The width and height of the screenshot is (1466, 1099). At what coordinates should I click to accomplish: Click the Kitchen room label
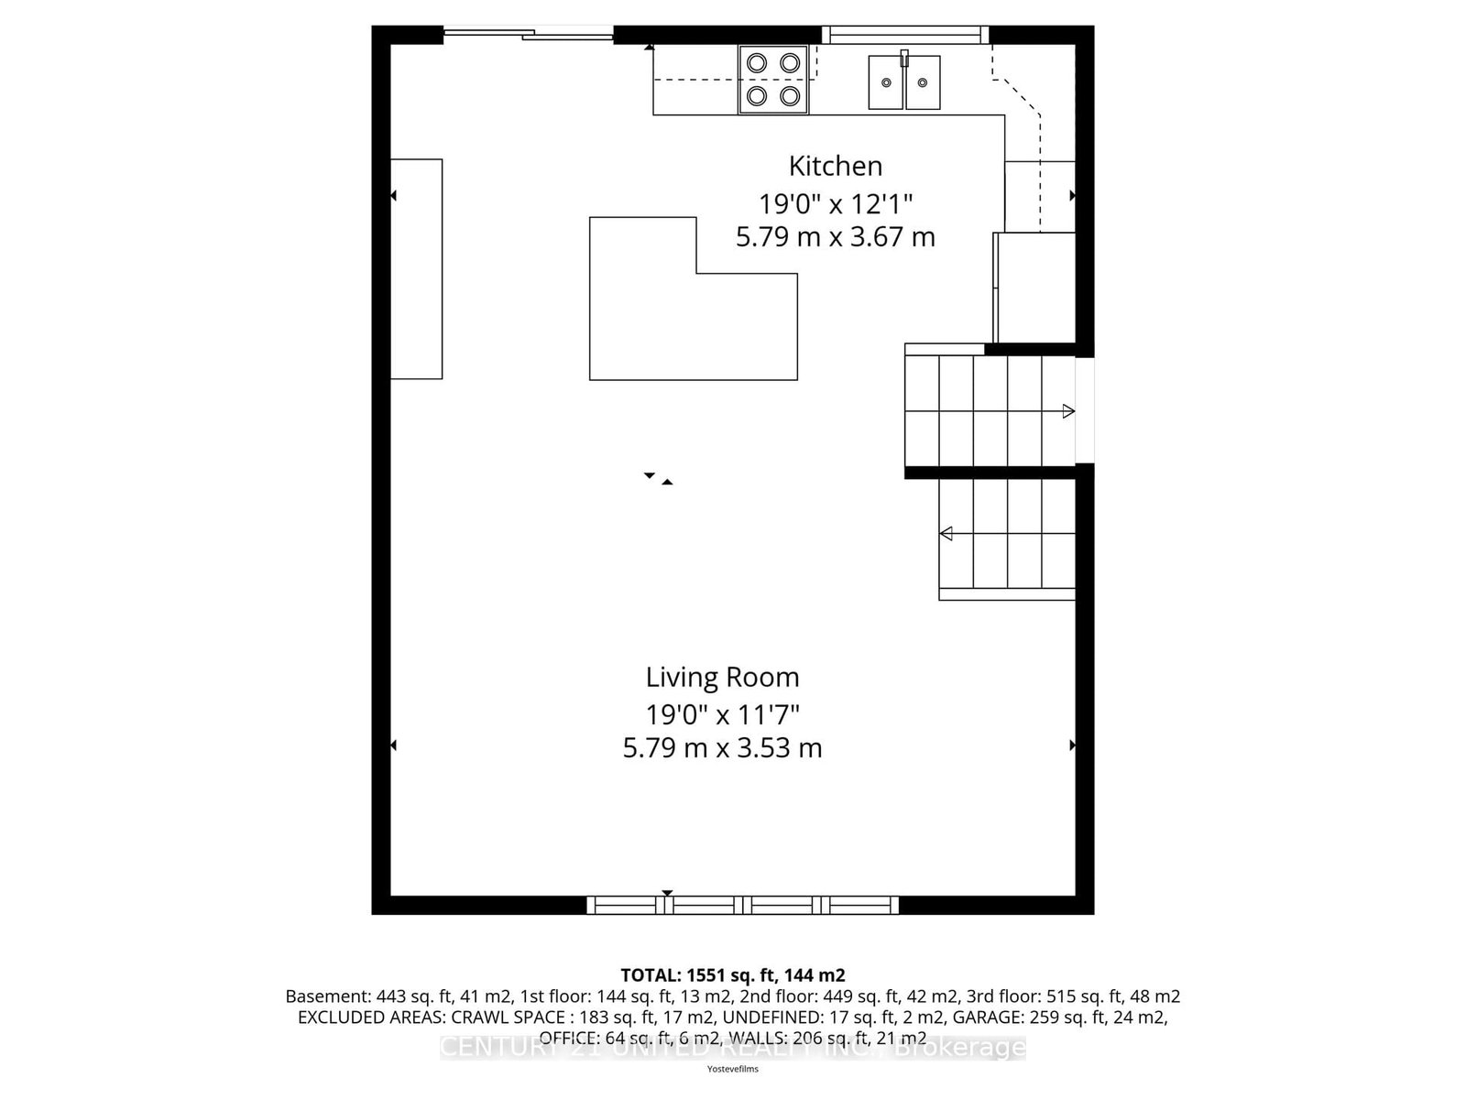pos(835,166)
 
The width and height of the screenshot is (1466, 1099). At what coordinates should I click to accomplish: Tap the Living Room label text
pos(722,677)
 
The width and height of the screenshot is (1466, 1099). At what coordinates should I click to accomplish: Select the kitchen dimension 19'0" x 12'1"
pos(835,202)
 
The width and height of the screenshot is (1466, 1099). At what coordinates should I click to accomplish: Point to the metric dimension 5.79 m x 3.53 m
pos(722,748)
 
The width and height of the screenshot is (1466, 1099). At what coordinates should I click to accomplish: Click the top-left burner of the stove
pos(757,62)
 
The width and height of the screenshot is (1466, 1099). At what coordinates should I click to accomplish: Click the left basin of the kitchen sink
pos(886,82)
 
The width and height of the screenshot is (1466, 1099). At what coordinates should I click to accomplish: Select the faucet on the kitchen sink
pos(904,59)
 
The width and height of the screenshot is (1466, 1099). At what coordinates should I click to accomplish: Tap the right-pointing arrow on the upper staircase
pos(1068,411)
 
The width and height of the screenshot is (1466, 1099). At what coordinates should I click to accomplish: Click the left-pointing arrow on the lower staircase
pos(946,533)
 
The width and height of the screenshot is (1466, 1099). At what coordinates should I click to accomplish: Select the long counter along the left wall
pos(417,268)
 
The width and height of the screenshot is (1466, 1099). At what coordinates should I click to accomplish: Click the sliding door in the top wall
pos(529,35)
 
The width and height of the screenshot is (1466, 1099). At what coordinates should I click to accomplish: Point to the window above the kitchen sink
pos(904,35)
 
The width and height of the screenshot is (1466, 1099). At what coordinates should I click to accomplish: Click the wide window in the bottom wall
pos(742,905)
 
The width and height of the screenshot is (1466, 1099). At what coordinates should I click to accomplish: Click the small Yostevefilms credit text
pos(732,1069)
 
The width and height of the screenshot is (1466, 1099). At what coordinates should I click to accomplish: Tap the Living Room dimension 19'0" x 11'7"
pos(722,713)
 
